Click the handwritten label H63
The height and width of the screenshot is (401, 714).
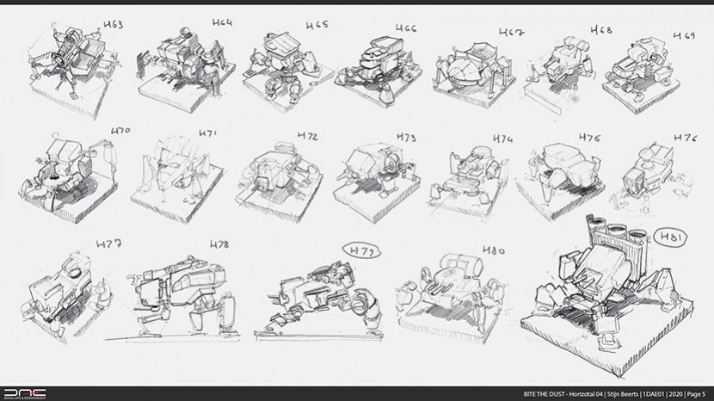click(x=112, y=25)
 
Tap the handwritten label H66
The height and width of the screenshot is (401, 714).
click(x=405, y=31)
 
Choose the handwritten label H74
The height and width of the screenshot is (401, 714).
click(x=502, y=139)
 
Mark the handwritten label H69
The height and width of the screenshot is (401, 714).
click(x=684, y=35)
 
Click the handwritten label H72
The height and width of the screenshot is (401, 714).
click(x=308, y=137)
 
